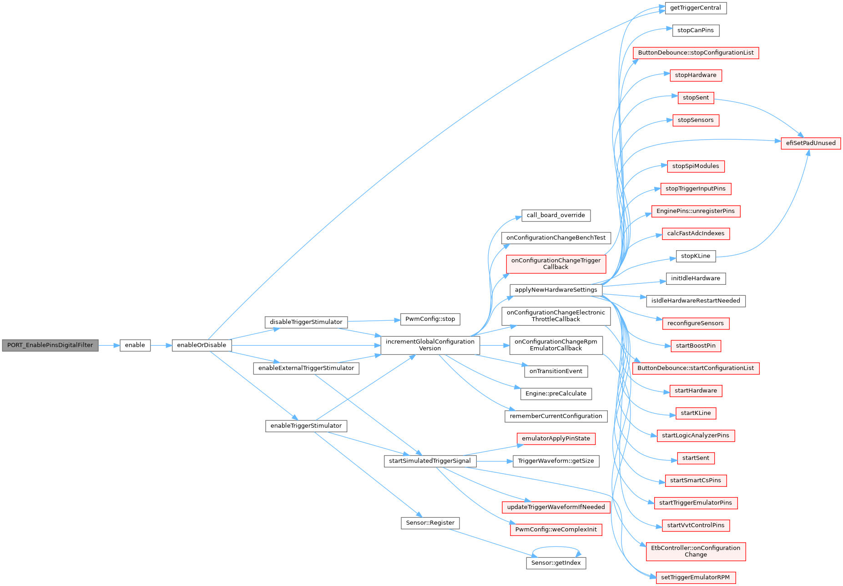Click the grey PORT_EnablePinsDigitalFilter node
click(50, 345)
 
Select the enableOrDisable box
click(202, 345)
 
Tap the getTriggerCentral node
click(695, 8)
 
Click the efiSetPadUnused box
click(810, 143)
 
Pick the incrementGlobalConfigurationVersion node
click(430, 345)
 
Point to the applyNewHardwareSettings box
click(555, 290)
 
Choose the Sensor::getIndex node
click(555, 563)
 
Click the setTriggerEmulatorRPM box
click(695, 578)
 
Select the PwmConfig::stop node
click(430, 319)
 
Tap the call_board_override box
click(555, 216)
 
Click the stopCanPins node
click(695, 30)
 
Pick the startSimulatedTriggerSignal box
click(430, 461)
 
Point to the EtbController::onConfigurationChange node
click(695, 551)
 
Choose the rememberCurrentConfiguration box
click(555, 416)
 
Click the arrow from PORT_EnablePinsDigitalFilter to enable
click(109, 345)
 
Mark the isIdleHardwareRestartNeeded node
click(695, 301)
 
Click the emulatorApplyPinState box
click(555, 439)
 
